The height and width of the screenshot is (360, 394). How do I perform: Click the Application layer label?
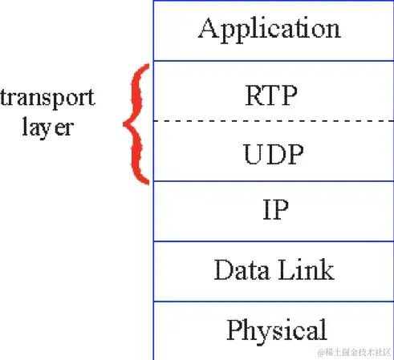click(x=270, y=29)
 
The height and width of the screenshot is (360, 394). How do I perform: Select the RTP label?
click(x=270, y=96)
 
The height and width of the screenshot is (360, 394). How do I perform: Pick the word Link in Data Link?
click(x=306, y=270)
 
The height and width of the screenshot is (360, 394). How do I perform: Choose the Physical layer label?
click(x=276, y=330)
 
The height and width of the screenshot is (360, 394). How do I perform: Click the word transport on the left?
click(x=47, y=98)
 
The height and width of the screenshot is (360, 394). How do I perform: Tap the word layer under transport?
click(x=47, y=127)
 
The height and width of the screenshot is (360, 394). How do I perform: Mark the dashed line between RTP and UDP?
click(x=273, y=122)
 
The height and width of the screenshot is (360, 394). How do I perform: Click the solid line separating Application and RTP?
click(x=273, y=60)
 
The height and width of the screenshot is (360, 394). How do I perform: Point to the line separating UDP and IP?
click(x=273, y=181)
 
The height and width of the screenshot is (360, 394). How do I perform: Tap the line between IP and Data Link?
click(x=273, y=241)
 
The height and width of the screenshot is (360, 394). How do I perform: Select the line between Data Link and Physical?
click(x=273, y=301)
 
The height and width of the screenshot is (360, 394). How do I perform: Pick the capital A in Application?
click(x=208, y=29)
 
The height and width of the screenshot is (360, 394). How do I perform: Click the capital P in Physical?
click(x=234, y=330)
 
